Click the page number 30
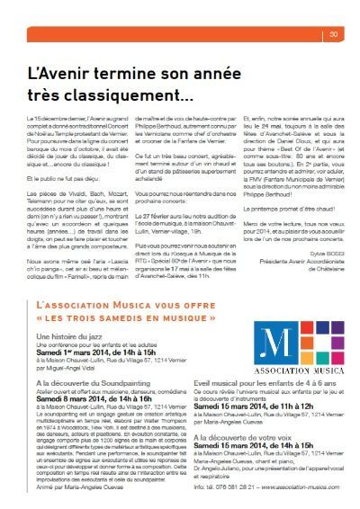pyautogui.click(x=332, y=35)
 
